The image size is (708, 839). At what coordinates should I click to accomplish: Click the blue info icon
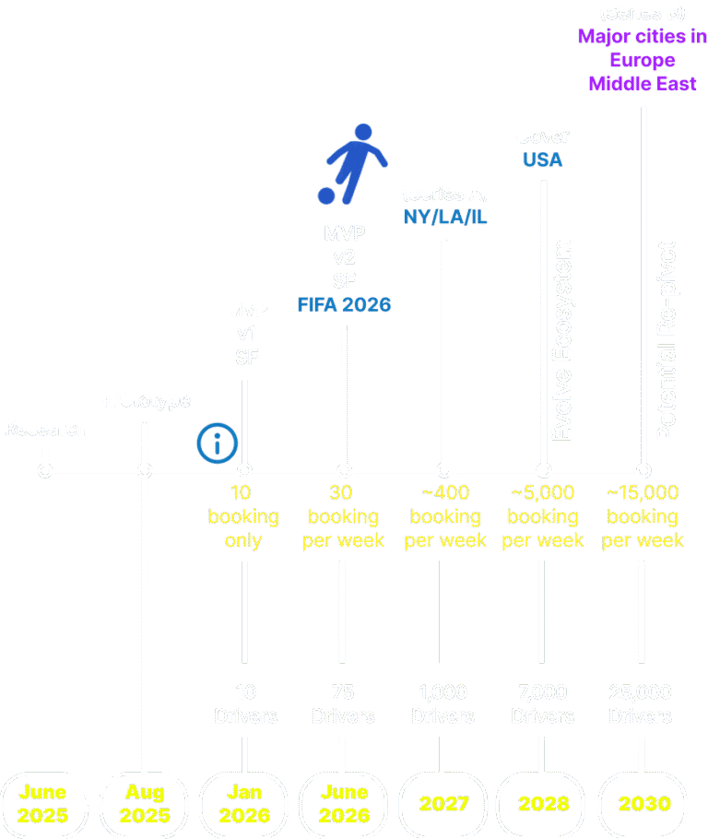218,443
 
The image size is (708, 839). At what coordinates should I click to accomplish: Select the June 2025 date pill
42,804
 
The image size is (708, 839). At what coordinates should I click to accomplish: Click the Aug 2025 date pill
145,804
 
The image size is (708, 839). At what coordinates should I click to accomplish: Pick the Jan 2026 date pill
244,804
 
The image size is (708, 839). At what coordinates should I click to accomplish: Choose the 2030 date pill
643,804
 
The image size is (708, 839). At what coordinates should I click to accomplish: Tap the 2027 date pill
443,804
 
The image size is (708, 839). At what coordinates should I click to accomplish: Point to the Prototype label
146,400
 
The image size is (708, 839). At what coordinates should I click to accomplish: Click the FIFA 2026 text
344,304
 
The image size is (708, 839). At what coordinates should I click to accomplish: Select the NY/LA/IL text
445,218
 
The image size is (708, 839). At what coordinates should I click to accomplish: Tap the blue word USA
542,160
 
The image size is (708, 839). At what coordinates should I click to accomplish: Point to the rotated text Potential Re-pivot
666,341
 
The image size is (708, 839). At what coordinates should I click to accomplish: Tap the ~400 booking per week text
445,516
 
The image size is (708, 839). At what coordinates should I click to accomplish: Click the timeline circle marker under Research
44,471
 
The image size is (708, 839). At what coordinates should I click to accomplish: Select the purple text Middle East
643,83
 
